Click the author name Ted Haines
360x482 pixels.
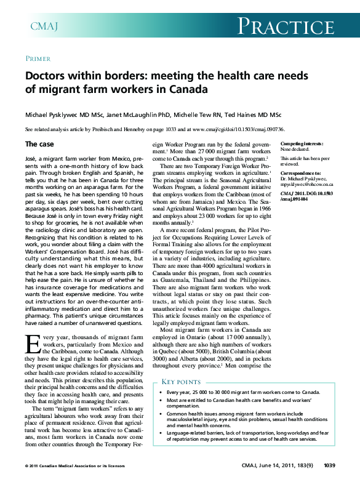[252, 114]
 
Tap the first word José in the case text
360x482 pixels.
[31, 159]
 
